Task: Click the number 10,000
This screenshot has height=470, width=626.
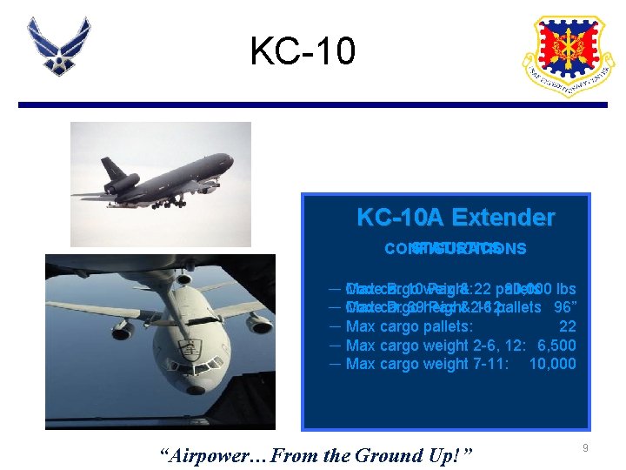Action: (552, 364)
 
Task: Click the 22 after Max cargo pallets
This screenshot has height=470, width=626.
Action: (567, 326)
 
